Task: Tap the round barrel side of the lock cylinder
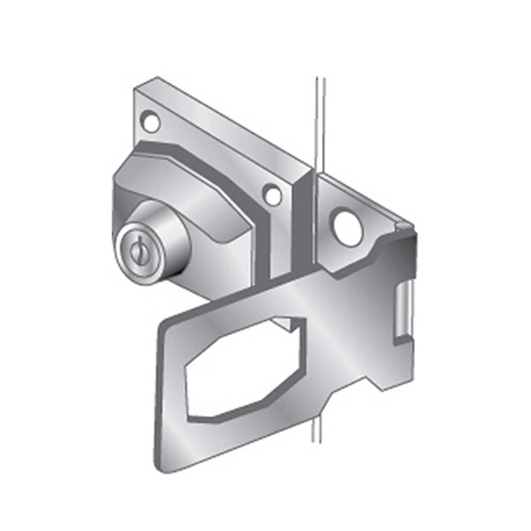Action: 169,234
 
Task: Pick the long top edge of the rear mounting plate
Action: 228,122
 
